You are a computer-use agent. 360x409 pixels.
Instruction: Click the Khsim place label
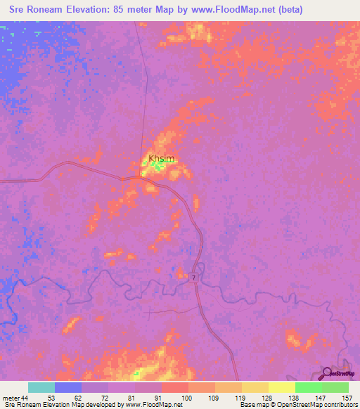pyautogui.click(x=161, y=159)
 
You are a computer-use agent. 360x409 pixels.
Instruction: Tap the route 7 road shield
pyautogui.click(x=193, y=279)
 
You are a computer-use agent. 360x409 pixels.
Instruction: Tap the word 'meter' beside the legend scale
pyautogui.click(x=11, y=398)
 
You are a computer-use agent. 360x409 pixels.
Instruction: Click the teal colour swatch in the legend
pyautogui.click(x=41, y=387)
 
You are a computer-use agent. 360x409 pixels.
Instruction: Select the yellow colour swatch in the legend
pyautogui.click(x=281, y=387)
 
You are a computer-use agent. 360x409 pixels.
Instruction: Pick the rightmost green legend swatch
pyautogui.click(x=335, y=387)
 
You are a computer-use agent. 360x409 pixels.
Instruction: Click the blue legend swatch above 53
pyautogui.click(x=68, y=387)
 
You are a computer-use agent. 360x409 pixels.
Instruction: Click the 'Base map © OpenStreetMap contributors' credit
pyautogui.click(x=297, y=405)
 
